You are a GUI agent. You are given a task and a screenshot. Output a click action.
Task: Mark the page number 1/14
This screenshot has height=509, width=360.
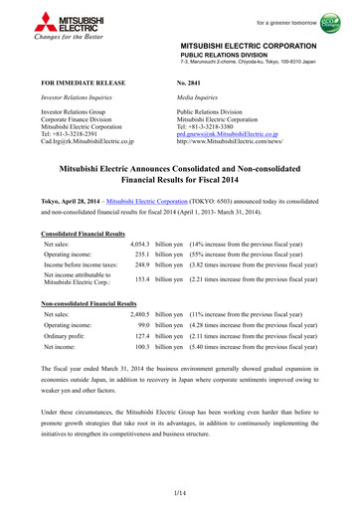pyautogui.click(x=179, y=494)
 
